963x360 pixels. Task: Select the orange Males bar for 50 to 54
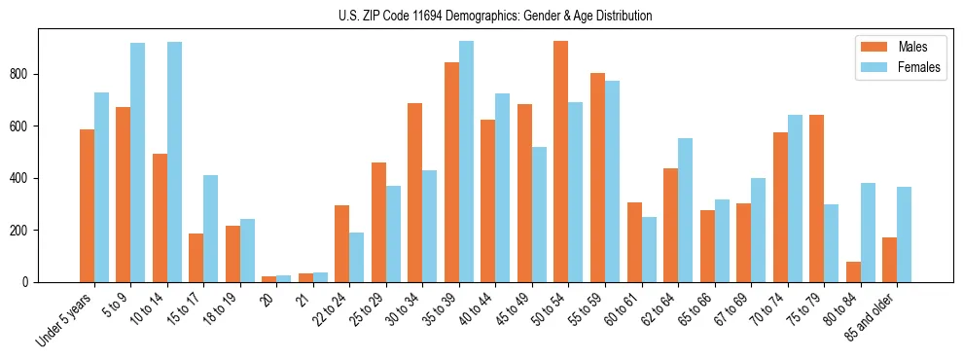click(561, 162)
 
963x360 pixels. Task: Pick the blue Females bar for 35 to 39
click(466, 162)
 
